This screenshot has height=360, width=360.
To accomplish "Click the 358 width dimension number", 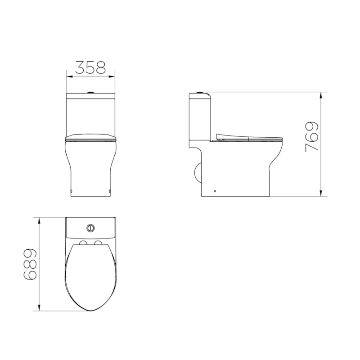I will (x=90, y=67).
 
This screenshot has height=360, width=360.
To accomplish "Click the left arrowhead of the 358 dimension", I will (x=69, y=76).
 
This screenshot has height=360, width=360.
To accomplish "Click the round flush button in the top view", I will (x=91, y=227).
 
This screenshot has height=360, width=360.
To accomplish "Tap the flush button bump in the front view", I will (x=91, y=92).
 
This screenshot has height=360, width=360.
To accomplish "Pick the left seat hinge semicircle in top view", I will (x=83, y=244).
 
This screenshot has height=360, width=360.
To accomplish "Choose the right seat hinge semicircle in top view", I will (x=98, y=244).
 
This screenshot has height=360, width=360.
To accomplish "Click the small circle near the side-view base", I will (x=215, y=191).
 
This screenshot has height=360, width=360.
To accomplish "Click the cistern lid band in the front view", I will (x=91, y=95).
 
